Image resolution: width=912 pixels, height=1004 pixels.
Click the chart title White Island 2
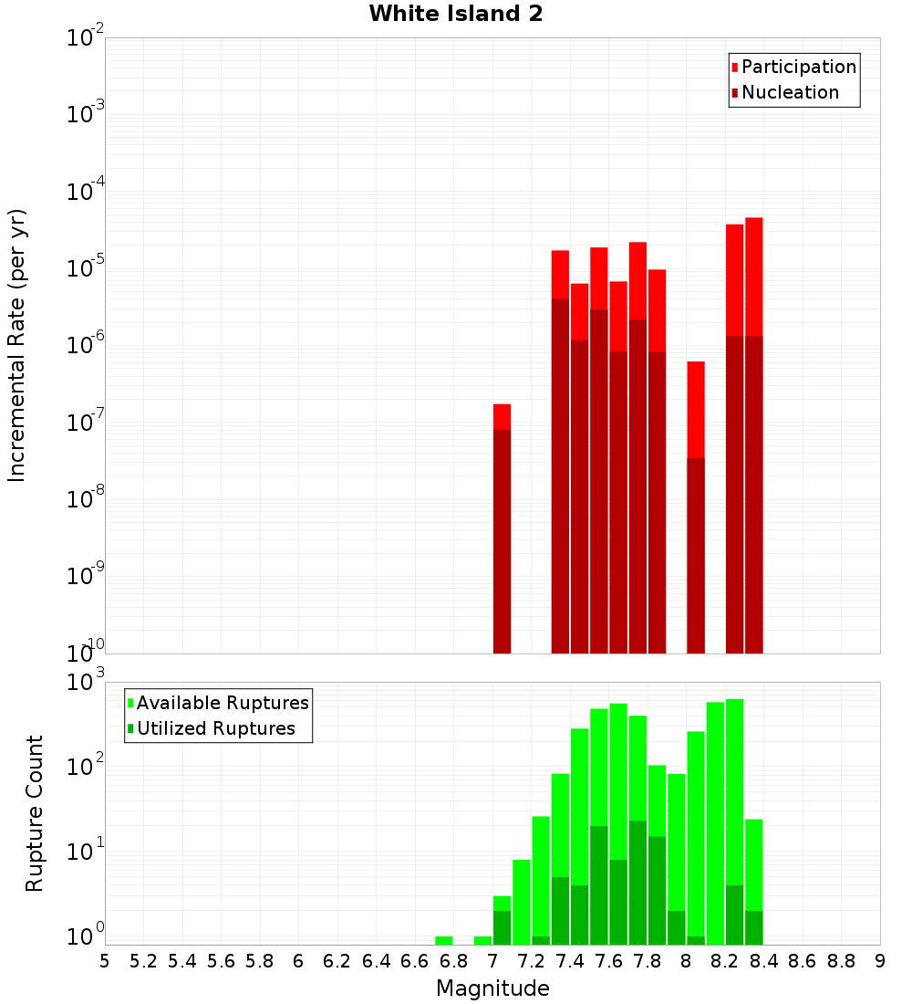click(456, 15)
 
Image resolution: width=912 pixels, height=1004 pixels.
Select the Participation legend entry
click(799, 67)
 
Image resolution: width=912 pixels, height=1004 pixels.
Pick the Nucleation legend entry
click(790, 92)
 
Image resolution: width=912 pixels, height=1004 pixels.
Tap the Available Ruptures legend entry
click(223, 703)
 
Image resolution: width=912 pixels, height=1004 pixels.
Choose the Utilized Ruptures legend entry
click(215, 728)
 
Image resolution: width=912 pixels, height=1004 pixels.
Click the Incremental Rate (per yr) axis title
click(16, 346)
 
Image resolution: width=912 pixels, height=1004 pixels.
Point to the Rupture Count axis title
click(35, 813)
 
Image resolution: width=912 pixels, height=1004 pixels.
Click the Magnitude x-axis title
click(492, 988)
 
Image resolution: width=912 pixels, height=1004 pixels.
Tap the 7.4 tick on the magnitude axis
click(570, 961)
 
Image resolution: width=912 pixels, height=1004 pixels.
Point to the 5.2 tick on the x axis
click(144, 961)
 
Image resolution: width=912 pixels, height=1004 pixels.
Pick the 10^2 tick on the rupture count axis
click(86, 767)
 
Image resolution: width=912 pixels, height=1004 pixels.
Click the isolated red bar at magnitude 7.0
click(502, 529)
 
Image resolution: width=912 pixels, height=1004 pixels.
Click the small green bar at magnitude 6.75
click(444, 940)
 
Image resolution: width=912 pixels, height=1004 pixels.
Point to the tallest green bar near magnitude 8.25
click(734, 821)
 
